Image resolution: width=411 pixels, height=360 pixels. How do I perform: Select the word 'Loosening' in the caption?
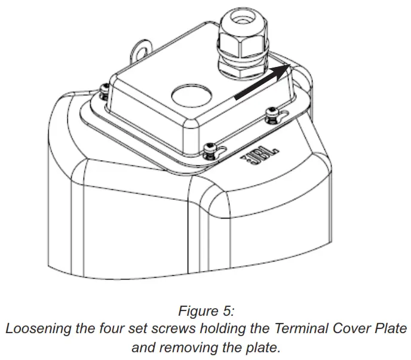[35, 328]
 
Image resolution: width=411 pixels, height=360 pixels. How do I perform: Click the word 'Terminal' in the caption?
[297, 328]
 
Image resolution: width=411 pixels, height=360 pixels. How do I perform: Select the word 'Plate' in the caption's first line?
[389, 328]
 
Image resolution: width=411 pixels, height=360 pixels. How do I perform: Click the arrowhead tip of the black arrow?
[291, 67]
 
